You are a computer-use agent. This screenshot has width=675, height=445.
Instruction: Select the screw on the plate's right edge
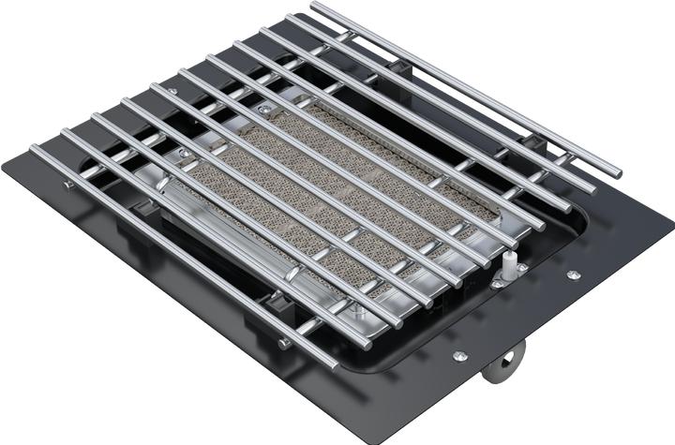(x=573, y=274)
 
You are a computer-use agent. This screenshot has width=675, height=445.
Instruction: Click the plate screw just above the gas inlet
(x=458, y=356)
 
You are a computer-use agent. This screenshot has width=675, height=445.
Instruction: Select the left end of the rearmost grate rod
(x=315, y=7)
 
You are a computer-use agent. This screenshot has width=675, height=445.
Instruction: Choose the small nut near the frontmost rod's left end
(x=68, y=185)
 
